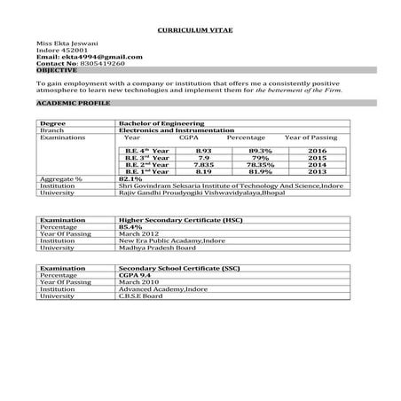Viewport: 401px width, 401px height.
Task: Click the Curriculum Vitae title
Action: [x=200, y=30]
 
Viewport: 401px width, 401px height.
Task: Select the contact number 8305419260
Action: [x=101, y=64]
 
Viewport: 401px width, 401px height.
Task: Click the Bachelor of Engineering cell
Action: [x=161, y=122]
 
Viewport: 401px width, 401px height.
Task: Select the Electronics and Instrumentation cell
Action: [x=169, y=130]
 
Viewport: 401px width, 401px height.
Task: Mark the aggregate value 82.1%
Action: [x=130, y=178]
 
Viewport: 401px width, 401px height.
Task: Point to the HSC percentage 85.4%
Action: [x=130, y=226]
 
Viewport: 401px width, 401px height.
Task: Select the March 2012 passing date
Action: [x=138, y=233]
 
